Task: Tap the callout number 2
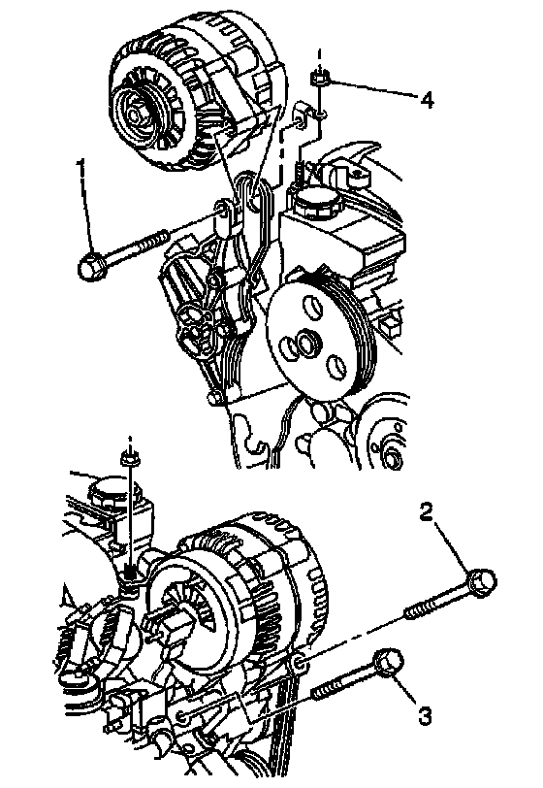(426, 512)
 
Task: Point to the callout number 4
(426, 100)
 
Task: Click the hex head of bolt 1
(91, 264)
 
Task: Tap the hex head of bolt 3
(389, 663)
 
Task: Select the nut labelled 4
(318, 79)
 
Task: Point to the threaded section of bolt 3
(330, 687)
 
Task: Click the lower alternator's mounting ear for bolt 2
(299, 664)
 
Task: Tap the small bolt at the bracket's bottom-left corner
(212, 399)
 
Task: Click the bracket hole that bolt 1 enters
(220, 207)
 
